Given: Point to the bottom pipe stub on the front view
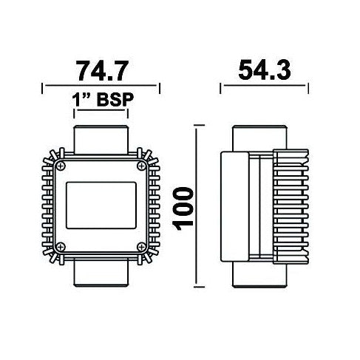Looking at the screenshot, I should pyautogui.click(x=101, y=275).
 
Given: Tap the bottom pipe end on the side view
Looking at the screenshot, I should pyautogui.click(x=257, y=275).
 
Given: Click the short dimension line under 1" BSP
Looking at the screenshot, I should pyautogui.click(x=101, y=113).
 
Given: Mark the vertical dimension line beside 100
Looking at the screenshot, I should pyautogui.click(x=197, y=207).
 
